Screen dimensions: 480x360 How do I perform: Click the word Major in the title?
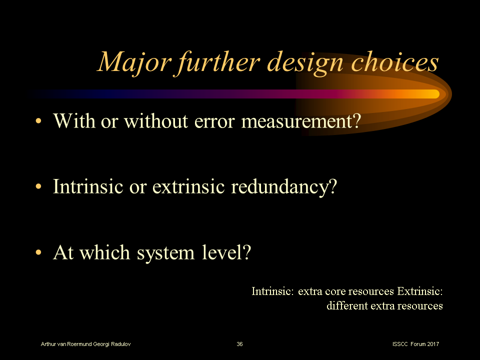click(134, 63)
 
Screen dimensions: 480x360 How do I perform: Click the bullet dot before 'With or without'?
click(38, 121)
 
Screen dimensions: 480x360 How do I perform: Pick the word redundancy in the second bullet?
click(284, 187)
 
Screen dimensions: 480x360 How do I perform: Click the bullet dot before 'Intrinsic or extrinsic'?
click(38, 186)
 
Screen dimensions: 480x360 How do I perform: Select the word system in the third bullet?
click(165, 254)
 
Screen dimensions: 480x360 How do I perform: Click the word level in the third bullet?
click(226, 252)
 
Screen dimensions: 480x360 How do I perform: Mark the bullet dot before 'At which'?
click(38, 252)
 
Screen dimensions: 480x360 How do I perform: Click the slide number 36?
click(239, 344)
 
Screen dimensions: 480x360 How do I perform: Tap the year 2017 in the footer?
click(433, 344)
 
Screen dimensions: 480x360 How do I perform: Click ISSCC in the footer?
click(400, 344)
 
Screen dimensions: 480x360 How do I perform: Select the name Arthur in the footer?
click(48, 344)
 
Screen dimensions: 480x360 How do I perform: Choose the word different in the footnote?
click(347, 305)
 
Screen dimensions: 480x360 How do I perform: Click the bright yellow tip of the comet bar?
click(434, 94)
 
